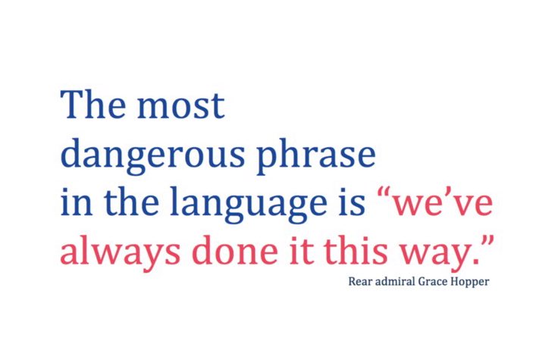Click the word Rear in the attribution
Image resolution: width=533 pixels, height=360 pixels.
point(359,282)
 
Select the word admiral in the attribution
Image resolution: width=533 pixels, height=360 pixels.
point(393,282)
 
